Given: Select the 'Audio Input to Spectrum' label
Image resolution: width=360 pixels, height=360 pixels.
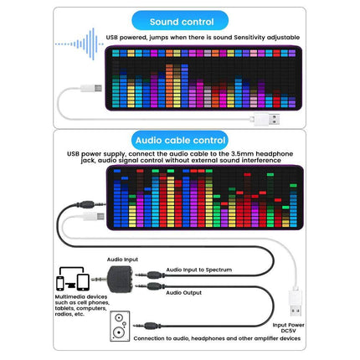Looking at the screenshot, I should coord(198,270).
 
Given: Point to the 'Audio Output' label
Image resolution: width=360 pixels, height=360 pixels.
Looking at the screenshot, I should coord(185,292).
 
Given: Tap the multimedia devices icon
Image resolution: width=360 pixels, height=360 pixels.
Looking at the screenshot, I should coord(74,283).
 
